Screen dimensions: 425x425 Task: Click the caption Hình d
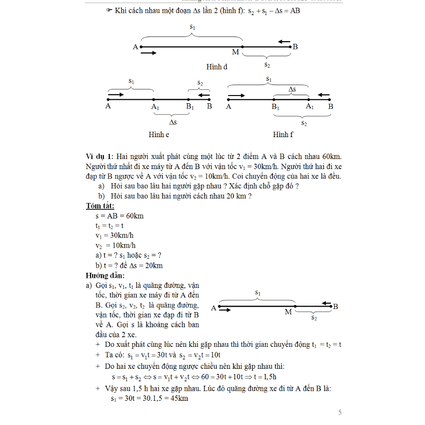pyautogui.click(x=217, y=67)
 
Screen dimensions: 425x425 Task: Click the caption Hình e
pyautogui.click(x=159, y=134)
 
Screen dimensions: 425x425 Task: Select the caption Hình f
pyautogui.click(x=283, y=134)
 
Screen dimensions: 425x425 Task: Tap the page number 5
pyautogui.click(x=340, y=413)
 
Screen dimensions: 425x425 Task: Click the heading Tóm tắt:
pyautogui.click(x=100, y=206)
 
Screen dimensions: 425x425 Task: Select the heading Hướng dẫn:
pyautogui.click(x=105, y=276)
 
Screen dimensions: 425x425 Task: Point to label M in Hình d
pyautogui.click(x=235, y=52)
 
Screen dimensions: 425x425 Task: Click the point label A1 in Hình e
pyautogui.click(x=155, y=107)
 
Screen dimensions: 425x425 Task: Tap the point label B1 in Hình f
pyautogui.click(x=276, y=107)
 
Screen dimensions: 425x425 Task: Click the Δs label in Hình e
pyautogui.click(x=173, y=122)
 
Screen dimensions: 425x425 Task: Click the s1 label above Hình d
pyautogui.click(x=192, y=27)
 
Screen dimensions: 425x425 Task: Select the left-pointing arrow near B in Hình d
pyautogui.click(x=284, y=42)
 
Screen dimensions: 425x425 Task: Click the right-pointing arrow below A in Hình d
pyautogui.click(x=149, y=53)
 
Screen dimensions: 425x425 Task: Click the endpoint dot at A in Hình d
pyautogui.click(x=141, y=47)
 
